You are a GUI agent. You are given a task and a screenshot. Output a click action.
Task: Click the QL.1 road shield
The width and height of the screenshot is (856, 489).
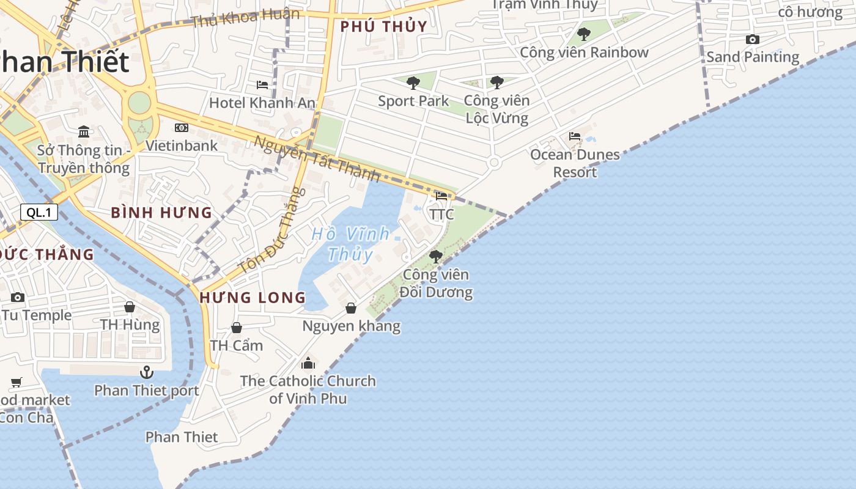coord(39,212)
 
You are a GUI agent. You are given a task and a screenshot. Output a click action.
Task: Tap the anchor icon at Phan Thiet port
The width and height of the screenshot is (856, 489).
coord(147,372)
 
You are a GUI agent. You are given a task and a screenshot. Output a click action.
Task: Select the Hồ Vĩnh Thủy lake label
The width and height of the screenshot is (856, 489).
coord(350,243)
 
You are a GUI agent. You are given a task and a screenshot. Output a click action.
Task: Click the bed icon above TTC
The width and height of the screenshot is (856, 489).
coord(441,196)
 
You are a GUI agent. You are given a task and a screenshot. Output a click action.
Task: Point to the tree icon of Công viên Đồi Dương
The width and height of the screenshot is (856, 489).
coord(436,256)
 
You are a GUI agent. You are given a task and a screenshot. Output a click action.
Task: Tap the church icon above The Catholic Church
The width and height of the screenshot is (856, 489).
coord(308,363)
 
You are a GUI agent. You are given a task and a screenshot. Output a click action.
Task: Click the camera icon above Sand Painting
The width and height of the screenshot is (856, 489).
coord(753,40)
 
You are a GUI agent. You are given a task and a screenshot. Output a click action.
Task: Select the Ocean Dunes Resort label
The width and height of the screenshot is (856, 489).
coord(575,163)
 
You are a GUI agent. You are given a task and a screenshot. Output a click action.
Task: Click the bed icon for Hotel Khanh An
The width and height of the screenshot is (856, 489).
coord(262,84)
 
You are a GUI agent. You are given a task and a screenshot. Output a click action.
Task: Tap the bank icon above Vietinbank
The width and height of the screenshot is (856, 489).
coord(182,128)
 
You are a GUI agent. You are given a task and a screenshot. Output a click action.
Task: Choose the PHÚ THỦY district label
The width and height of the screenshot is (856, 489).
coord(383,27)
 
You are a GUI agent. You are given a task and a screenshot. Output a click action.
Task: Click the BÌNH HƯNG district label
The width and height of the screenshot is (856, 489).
coord(161,213)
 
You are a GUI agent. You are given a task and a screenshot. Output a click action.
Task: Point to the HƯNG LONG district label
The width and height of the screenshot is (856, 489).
coord(253,298)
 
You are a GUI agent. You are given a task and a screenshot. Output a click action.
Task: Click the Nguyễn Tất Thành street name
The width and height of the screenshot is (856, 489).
coord(317,158)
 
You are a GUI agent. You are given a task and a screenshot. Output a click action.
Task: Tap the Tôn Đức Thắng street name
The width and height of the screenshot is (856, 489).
coord(271,231)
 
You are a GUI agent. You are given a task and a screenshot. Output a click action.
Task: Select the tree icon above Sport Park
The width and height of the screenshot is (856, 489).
coord(413,83)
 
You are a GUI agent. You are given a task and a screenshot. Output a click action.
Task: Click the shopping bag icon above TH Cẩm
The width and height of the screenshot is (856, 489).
coord(237,328)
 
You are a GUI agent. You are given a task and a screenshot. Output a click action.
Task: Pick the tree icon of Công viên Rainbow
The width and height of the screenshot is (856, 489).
coord(584,34)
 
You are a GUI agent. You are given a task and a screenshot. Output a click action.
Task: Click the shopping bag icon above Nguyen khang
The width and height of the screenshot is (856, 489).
coord(351,308)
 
